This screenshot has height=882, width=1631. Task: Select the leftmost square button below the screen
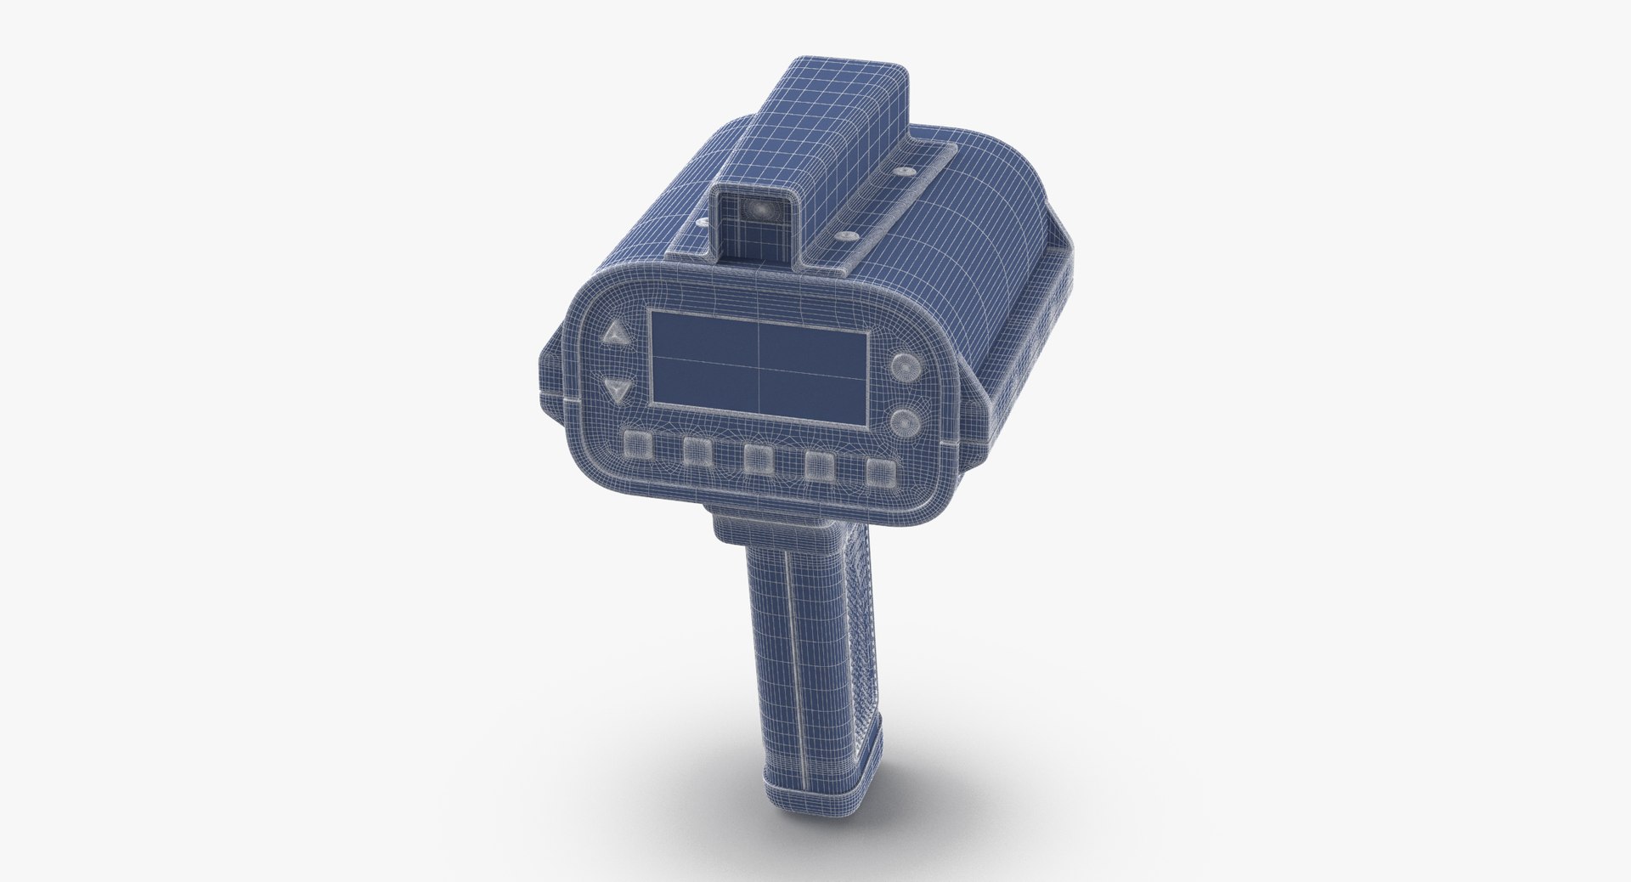[635, 444]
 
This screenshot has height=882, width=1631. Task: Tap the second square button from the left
[697, 451]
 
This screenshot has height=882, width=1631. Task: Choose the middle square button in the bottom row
[758, 457]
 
